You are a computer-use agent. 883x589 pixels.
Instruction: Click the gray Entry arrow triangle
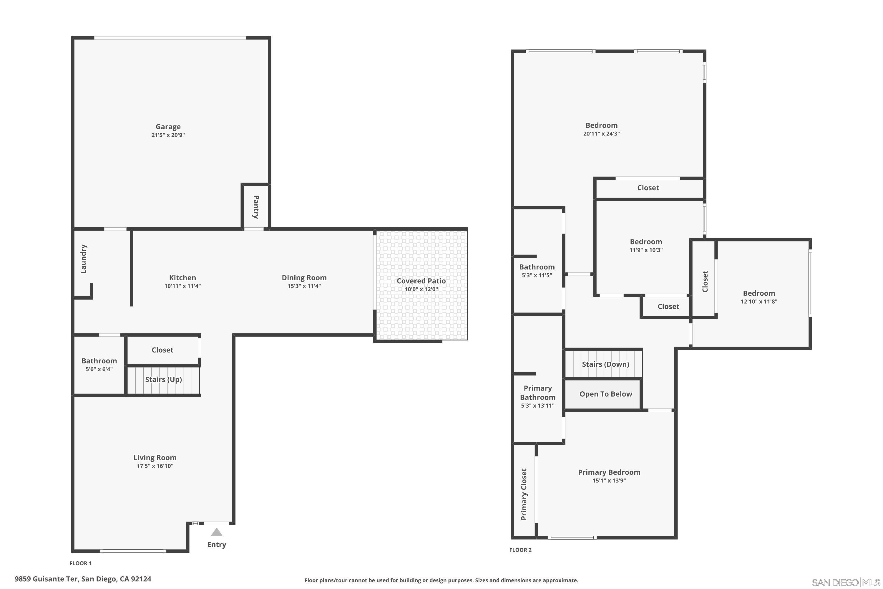[x=216, y=532]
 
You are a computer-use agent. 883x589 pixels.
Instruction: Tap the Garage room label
[x=168, y=127]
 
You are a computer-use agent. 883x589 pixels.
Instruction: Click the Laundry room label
[x=84, y=259]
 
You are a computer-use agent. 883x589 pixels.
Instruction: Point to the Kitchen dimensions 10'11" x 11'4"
[x=182, y=286]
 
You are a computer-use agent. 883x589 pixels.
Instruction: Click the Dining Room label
[x=304, y=278]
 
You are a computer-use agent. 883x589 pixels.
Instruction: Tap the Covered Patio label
[x=421, y=281]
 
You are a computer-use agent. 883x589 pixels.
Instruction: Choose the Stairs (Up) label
[x=163, y=379]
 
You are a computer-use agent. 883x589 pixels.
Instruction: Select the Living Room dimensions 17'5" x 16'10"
[x=155, y=466]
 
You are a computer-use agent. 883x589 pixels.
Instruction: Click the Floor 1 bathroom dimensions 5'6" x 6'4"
[x=99, y=369]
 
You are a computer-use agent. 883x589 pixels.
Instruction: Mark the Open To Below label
[x=605, y=394]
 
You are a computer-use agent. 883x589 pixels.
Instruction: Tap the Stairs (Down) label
[x=605, y=364]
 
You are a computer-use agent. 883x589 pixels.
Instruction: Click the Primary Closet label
[x=524, y=494]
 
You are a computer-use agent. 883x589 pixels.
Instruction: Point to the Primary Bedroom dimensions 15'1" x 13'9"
[x=609, y=480]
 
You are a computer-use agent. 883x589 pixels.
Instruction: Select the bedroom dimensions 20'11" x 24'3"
[x=601, y=134]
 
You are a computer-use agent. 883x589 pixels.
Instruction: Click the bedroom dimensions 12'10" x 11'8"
[x=759, y=302]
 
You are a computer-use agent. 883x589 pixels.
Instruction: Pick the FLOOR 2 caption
[x=520, y=550]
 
